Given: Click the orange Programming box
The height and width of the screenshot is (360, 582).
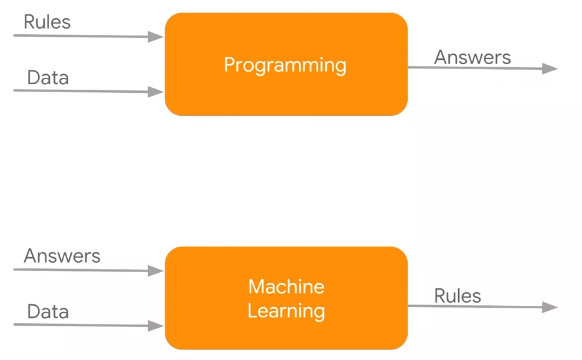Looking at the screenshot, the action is [x=286, y=64].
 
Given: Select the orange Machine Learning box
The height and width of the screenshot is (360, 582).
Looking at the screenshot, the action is [x=286, y=298].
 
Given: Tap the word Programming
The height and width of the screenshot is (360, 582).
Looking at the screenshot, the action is [x=285, y=65].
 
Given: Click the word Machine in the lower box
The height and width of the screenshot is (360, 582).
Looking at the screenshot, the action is [x=286, y=287].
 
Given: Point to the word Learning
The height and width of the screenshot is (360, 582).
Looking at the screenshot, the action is [x=286, y=311].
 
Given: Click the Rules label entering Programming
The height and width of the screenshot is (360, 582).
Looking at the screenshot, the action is [x=47, y=22].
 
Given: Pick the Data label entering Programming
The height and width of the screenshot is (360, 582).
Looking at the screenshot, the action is [x=48, y=78].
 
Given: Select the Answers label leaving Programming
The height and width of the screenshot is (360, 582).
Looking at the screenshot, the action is [x=472, y=57].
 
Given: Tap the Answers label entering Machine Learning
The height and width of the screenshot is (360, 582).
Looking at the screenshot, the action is [x=62, y=255].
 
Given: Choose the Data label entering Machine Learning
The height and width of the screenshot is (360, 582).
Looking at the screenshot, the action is [x=48, y=311].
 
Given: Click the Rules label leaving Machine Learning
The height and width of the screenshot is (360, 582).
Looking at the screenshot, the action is [x=458, y=296].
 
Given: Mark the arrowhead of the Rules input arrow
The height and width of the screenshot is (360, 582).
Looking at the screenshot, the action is [x=156, y=36].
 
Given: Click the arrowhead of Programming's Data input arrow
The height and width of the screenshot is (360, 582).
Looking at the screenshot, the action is [x=156, y=92].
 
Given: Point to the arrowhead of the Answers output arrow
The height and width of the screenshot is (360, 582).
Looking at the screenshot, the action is [x=550, y=69].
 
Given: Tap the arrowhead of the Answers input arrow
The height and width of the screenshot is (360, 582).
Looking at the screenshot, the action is [x=156, y=270].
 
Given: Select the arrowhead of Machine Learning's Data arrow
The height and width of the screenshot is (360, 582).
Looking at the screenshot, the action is [x=156, y=326].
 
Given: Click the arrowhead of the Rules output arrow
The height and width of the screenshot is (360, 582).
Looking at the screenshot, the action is [x=550, y=307].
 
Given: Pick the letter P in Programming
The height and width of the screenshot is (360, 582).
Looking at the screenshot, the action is [x=230, y=64].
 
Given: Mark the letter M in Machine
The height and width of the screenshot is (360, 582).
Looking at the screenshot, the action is [x=257, y=287].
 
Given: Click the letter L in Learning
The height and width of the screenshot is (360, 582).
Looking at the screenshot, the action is [x=253, y=311].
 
